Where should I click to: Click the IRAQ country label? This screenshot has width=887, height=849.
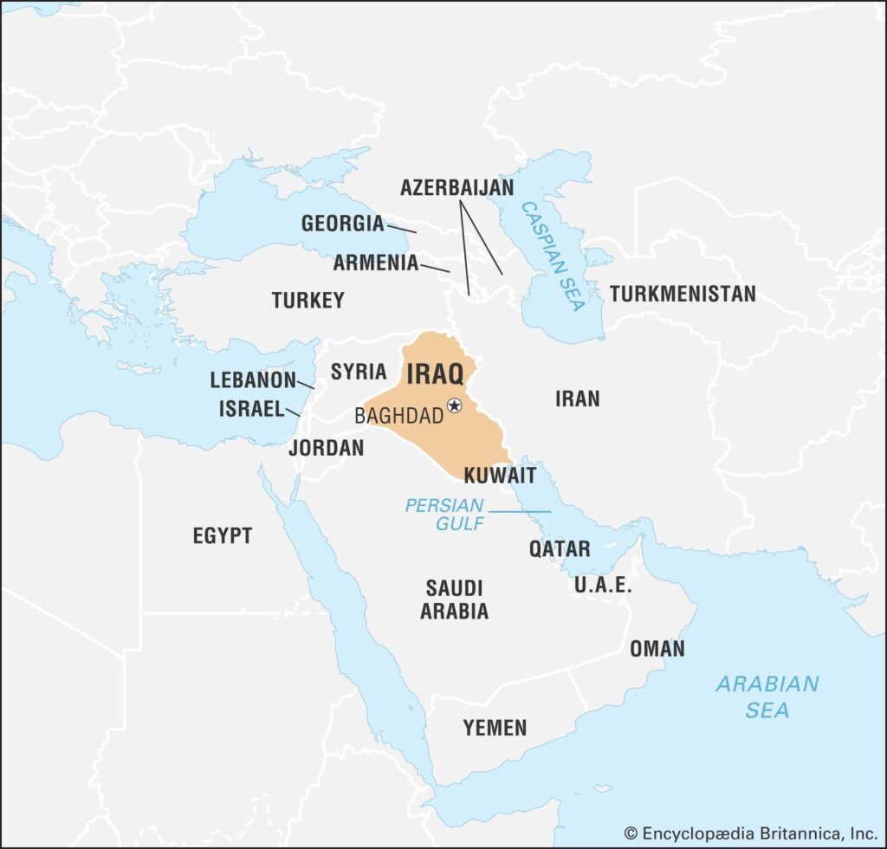point(435,373)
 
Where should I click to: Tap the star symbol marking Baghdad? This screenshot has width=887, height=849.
point(455,405)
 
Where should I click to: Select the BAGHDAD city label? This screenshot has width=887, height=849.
point(398,416)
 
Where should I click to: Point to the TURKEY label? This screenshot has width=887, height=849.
point(308,301)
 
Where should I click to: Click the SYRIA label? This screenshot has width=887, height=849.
point(359,373)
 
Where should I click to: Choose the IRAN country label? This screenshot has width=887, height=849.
point(577,399)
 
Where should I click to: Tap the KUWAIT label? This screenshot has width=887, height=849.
point(500,476)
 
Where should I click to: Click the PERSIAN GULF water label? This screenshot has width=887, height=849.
point(445,515)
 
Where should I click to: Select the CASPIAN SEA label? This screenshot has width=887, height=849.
point(553,256)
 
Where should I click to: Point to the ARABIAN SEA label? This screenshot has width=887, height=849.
point(767,697)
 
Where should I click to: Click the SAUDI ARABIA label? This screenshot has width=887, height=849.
point(454,599)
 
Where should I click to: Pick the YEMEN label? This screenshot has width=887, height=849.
point(494,728)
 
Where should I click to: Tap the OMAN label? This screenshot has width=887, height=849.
point(657,649)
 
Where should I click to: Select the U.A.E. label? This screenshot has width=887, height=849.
point(603,585)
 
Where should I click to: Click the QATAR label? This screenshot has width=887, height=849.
point(560,548)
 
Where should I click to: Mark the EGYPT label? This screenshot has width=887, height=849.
point(222,536)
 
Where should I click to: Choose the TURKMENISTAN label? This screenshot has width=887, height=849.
point(682,294)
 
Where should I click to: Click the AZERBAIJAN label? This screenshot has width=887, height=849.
point(456,187)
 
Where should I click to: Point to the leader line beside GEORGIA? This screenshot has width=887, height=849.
point(402,229)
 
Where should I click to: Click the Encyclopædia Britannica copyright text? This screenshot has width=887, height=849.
point(751,833)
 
